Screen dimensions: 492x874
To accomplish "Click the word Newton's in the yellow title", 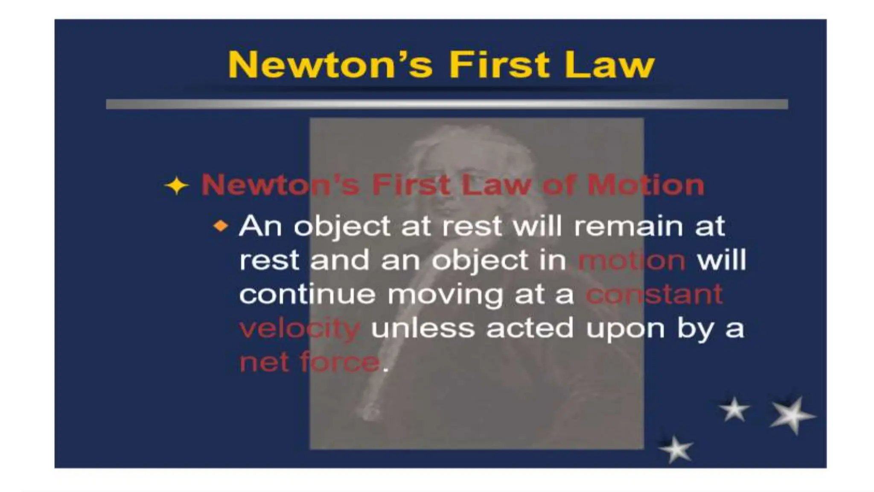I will coord(330,65).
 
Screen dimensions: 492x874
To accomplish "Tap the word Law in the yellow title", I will coord(609,65).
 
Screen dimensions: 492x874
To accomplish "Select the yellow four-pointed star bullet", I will coord(176,186).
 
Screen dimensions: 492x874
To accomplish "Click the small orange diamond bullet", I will coord(221,225).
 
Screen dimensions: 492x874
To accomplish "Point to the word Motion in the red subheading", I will coord(645,185).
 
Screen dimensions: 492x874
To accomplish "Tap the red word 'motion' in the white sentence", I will coord(632,260).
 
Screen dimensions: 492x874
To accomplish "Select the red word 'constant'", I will coord(654,294).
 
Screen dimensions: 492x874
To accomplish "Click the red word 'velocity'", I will coord(300,329).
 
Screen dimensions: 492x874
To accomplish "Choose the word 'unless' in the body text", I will coord(422,328).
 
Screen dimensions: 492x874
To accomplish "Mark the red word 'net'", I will coord(264,363).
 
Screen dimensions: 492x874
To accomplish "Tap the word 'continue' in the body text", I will coord(307,294).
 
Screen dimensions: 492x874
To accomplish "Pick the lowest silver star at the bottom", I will coord(676,449).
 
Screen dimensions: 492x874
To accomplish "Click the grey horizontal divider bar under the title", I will coord(447,104).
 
